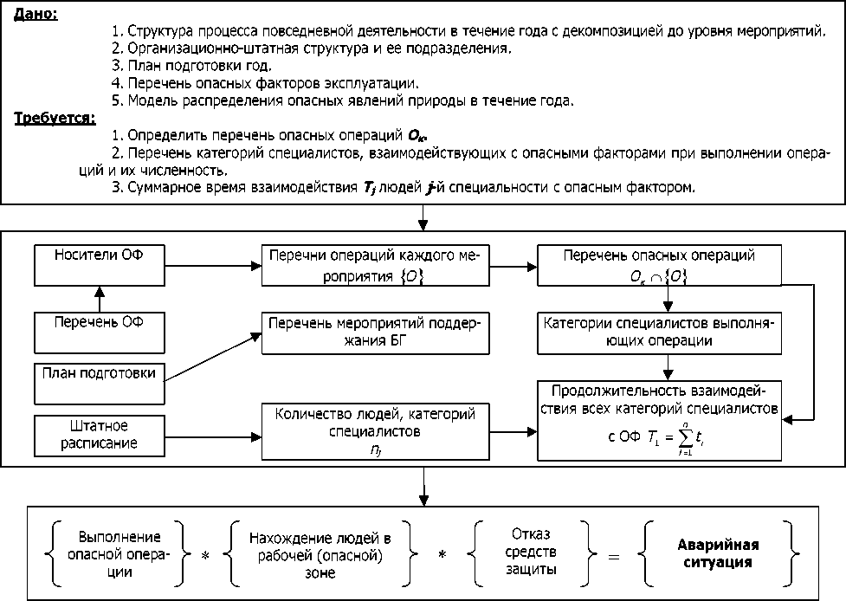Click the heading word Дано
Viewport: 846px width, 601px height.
35,15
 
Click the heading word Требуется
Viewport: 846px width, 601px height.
54,120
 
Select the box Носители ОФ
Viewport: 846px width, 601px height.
99,267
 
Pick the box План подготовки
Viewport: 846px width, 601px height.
99,373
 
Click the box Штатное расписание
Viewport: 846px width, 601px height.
99,436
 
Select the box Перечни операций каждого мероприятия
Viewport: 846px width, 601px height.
375,267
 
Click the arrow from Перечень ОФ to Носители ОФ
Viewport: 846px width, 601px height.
99,300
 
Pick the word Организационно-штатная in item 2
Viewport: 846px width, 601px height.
197,48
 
